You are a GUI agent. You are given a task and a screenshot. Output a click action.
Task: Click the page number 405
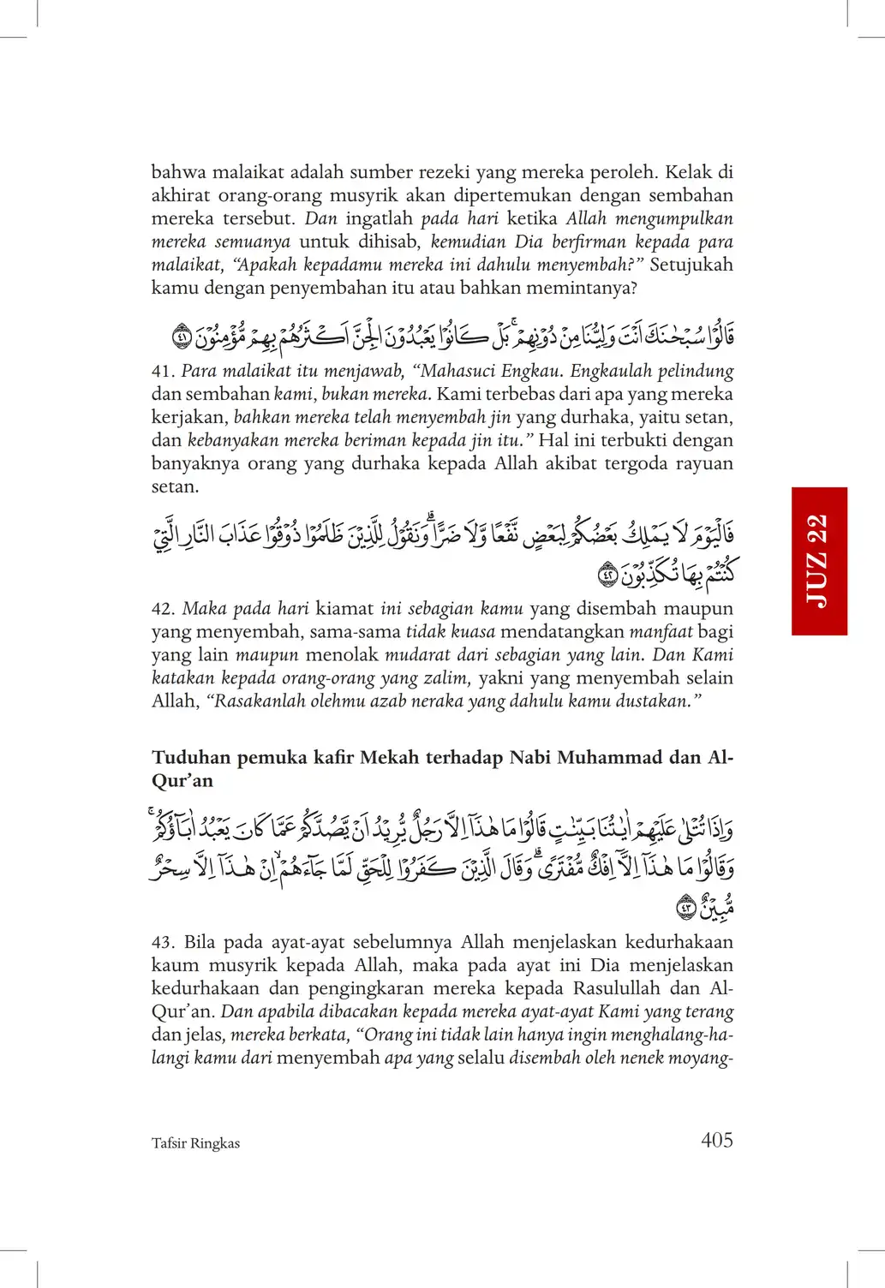pyautogui.click(x=716, y=1140)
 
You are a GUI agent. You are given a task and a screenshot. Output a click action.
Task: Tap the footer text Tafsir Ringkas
pyautogui.click(x=195, y=1143)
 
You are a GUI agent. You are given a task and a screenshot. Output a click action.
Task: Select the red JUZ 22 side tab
pyautogui.click(x=818, y=561)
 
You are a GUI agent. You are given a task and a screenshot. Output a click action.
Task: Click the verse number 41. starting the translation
pyautogui.click(x=162, y=372)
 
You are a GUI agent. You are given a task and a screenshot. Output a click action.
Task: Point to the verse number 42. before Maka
pyautogui.click(x=163, y=609)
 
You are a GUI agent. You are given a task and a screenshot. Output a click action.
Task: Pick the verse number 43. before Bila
pyautogui.click(x=163, y=942)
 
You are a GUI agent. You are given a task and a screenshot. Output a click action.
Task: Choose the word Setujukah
pyautogui.click(x=691, y=265)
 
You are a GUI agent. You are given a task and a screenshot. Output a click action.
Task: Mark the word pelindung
pyautogui.click(x=695, y=372)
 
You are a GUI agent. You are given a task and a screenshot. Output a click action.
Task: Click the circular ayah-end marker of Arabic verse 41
pyautogui.click(x=182, y=336)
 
